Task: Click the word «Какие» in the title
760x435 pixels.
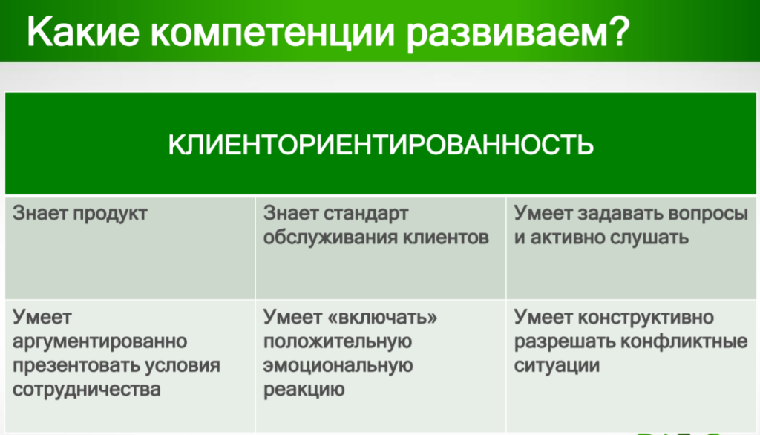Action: [83, 32]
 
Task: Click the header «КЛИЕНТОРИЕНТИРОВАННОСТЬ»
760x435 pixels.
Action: [381, 145]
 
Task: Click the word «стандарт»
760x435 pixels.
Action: [366, 214]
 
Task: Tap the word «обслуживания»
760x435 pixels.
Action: [330, 238]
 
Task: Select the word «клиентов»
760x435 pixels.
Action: [446, 238]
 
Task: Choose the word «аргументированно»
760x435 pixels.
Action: [100, 342]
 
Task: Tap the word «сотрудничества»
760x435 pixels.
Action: [87, 390]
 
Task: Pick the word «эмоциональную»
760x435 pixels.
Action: [338, 366]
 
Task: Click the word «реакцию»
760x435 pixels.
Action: [304, 390]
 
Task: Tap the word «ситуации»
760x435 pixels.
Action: [557, 366]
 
